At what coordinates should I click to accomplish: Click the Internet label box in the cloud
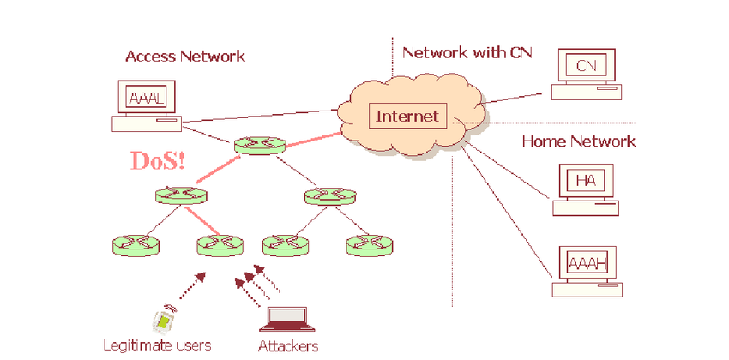click(x=407, y=116)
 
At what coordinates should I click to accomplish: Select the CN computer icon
click(x=585, y=74)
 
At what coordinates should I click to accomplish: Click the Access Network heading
click(x=185, y=57)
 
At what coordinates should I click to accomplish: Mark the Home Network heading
click(x=579, y=141)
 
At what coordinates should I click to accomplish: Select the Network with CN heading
click(x=467, y=53)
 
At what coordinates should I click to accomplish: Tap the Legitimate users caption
click(x=157, y=345)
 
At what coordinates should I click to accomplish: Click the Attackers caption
click(x=288, y=346)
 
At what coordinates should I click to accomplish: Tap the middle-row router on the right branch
click(x=330, y=196)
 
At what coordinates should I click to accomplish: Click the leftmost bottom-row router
click(x=136, y=245)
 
